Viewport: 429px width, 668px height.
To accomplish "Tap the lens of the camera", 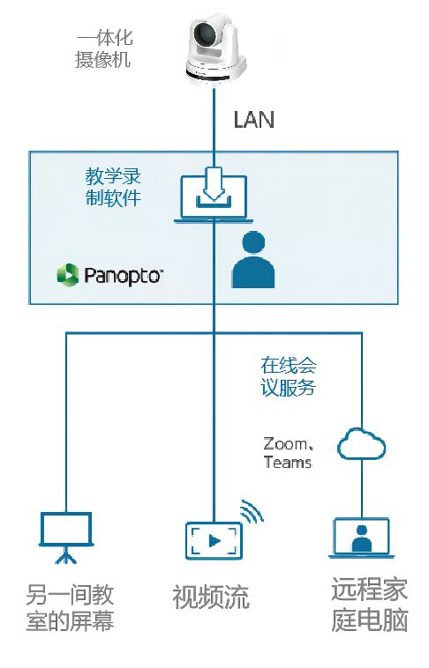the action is (x=207, y=35).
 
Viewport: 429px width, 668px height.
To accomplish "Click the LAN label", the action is (x=253, y=120).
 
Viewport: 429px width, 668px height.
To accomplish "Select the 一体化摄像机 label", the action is (x=104, y=49).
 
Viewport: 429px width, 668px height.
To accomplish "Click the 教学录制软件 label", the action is (x=113, y=187).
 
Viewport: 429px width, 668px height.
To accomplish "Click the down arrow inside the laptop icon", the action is (x=214, y=184).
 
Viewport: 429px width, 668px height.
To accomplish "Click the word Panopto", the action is (x=124, y=275).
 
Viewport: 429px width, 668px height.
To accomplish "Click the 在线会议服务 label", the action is (x=289, y=376).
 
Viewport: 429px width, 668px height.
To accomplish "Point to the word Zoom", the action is (x=285, y=444).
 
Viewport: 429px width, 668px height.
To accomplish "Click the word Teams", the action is (x=288, y=463).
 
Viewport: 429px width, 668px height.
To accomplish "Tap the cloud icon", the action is (x=362, y=444).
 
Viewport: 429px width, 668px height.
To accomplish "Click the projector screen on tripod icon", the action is (x=66, y=538).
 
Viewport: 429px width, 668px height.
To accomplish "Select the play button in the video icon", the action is (x=214, y=541).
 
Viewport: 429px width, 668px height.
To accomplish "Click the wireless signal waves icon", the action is (x=252, y=511).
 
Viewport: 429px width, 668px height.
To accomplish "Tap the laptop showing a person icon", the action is (x=362, y=538).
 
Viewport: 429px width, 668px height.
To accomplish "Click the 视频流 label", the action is (x=211, y=597).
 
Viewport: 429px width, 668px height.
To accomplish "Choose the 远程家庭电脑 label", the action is (x=370, y=605).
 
